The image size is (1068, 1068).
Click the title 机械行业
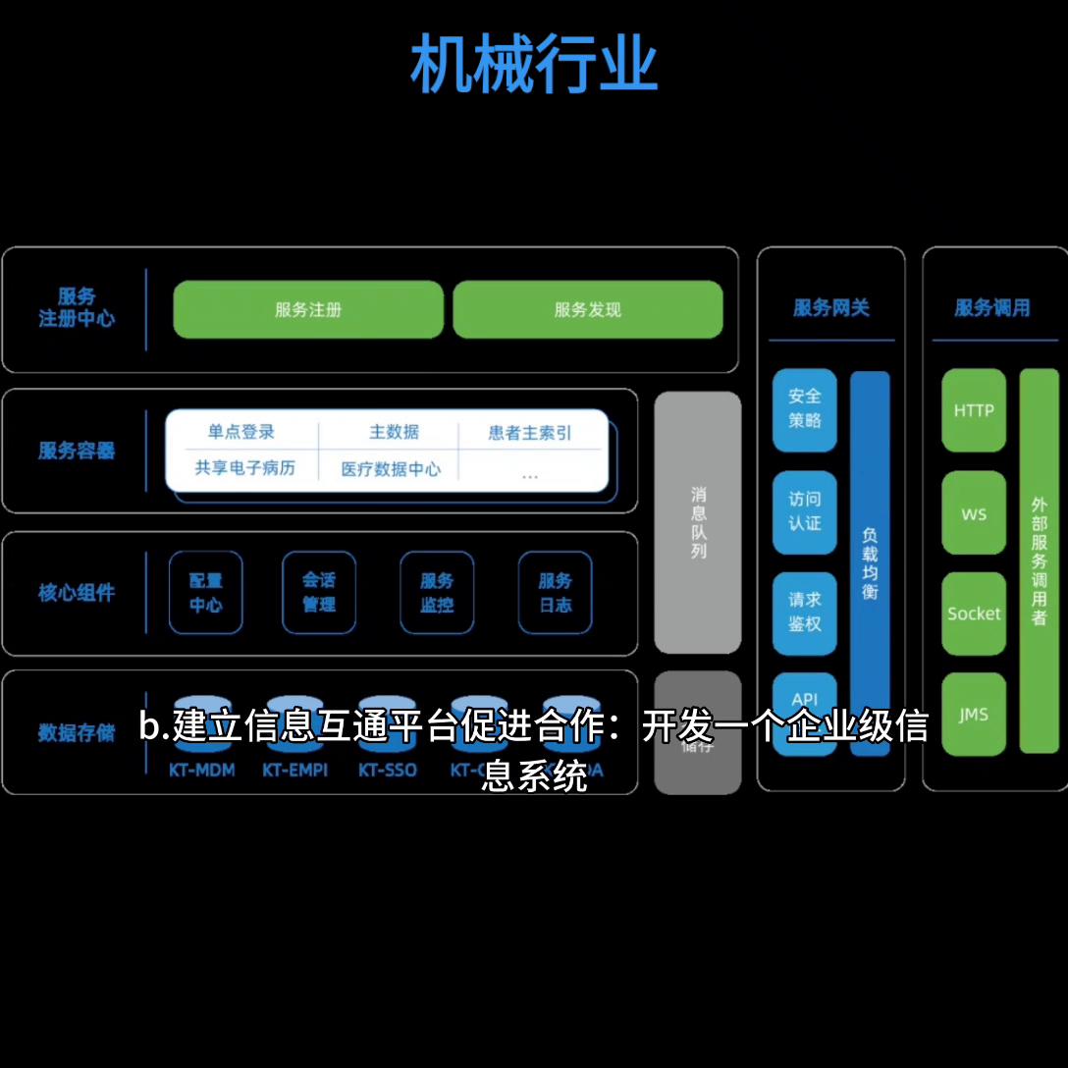(533, 65)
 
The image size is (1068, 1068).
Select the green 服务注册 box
(308, 310)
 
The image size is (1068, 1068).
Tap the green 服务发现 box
(587, 310)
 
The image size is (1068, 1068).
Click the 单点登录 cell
(241, 432)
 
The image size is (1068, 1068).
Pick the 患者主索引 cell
(529, 433)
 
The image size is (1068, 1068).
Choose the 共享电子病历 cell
(244, 468)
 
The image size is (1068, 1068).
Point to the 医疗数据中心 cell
(391, 469)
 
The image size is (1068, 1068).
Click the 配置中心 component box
(206, 593)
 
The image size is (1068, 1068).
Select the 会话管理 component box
(319, 593)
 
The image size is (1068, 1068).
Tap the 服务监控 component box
(437, 593)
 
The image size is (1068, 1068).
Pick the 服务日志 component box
(555, 593)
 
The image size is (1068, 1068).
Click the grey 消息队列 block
(698, 522)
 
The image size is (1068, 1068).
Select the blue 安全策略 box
(804, 409)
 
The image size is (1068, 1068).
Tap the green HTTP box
(974, 410)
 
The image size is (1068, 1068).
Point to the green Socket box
(974, 614)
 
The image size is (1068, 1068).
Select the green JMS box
(974, 715)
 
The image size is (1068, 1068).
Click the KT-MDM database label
(202, 771)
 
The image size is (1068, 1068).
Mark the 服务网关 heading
(831, 308)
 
